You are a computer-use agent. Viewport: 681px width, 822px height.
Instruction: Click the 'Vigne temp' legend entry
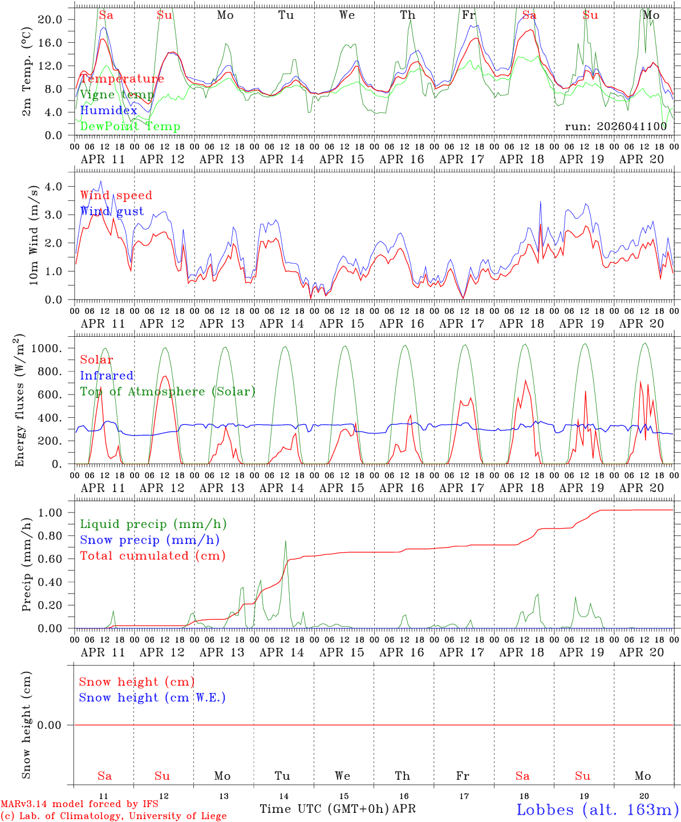pyautogui.click(x=117, y=95)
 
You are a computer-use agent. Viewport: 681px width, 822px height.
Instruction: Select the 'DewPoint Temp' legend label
pyautogui.click(x=130, y=127)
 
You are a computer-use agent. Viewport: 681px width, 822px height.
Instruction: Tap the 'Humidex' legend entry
pyautogui.click(x=108, y=111)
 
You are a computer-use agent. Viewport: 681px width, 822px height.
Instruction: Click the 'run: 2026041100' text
pyautogui.click(x=615, y=127)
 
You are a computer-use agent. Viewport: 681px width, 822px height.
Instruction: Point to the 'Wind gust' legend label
pyautogui.click(x=112, y=211)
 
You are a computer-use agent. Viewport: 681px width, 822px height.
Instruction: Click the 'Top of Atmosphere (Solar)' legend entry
pyautogui.click(x=168, y=392)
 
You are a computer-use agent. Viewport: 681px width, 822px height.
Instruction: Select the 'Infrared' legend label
pyautogui.click(x=107, y=376)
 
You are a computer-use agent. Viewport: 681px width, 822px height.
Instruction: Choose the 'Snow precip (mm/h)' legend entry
pyautogui.click(x=150, y=540)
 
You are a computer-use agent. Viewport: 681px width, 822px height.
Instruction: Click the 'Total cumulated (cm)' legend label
pyautogui.click(x=153, y=556)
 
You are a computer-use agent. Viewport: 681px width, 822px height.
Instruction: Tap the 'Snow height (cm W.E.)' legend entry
pyautogui.click(x=152, y=698)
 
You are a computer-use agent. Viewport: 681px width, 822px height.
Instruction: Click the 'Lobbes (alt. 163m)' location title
pyautogui.click(x=597, y=809)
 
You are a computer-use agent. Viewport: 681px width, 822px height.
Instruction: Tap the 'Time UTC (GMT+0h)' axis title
pyautogui.click(x=325, y=809)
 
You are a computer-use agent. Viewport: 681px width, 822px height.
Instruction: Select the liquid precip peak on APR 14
pyautogui.click(x=285, y=541)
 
